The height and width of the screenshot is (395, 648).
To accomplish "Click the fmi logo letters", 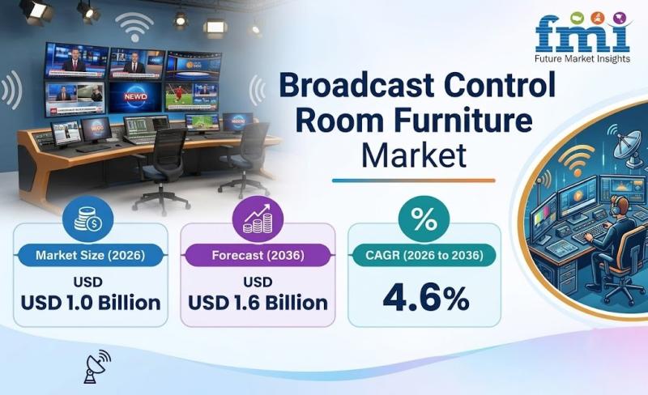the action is click(x=582, y=34).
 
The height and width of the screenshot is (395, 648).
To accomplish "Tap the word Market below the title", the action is click(x=414, y=155).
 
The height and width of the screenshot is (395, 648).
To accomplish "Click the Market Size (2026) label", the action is click(x=90, y=255).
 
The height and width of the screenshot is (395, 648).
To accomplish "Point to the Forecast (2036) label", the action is click(x=258, y=255).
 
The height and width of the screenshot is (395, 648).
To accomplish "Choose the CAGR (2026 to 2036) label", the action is click(x=424, y=255).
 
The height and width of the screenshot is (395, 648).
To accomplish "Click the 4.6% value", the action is click(x=426, y=298).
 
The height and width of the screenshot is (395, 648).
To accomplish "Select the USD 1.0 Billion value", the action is click(x=91, y=303).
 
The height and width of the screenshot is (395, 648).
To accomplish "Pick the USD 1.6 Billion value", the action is click(x=258, y=303).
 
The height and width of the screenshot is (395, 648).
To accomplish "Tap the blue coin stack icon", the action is click(x=87, y=219).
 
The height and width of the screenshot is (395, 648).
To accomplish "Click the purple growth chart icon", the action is click(x=258, y=219).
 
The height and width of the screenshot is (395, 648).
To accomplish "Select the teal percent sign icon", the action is click(x=424, y=219).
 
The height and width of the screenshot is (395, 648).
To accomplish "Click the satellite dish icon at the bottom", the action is click(x=97, y=367).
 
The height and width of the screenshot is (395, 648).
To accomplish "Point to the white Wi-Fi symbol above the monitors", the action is click(x=134, y=27).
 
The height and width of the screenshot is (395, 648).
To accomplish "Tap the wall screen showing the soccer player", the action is click(x=191, y=96).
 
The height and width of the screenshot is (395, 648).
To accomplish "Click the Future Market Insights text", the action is click(x=582, y=58).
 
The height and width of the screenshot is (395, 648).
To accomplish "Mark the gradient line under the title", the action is click(x=414, y=181).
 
